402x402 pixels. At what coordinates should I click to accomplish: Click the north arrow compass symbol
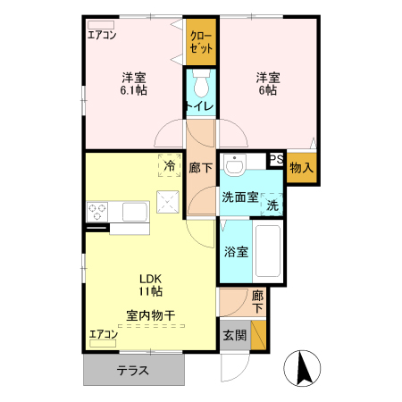[300, 366]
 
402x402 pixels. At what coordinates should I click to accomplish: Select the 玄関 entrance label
[233, 336]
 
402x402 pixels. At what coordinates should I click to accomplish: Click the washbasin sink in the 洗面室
[236, 167]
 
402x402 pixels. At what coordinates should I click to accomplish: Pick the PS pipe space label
[276, 160]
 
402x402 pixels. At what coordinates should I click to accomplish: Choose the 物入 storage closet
[301, 166]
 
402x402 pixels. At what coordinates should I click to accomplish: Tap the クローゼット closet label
[201, 42]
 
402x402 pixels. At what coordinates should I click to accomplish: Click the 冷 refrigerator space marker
[167, 164]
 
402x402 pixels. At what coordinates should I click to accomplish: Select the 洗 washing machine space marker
[272, 205]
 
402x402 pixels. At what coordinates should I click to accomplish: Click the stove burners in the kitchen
[96, 212]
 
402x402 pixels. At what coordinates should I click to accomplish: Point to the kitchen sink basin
[135, 212]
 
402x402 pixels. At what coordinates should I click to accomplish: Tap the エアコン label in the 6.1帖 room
[102, 36]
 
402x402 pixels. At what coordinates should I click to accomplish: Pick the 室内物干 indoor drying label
[149, 314]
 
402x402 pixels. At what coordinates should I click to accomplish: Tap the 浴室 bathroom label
[237, 252]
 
